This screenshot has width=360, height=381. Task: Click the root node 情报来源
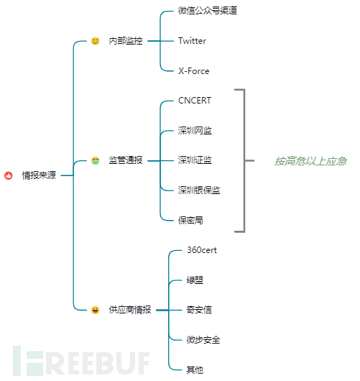(x=39, y=175)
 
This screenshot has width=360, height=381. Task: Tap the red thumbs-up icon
(x=8, y=175)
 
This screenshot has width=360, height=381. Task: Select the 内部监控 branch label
(x=126, y=41)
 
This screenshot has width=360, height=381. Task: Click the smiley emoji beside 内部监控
(x=96, y=41)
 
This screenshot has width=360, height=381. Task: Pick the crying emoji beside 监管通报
(x=96, y=160)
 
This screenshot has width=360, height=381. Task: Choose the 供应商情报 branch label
(x=130, y=310)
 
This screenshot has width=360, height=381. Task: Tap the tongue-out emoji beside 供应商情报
(x=96, y=310)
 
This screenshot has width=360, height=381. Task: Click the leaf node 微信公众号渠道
(x=208, y=11)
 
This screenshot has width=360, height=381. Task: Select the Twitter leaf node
(x=192, y=41)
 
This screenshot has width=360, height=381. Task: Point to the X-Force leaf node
(x=194, y=71)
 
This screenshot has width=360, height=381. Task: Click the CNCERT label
(x=195, y=101)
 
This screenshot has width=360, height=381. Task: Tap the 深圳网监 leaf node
(x=195, y=131)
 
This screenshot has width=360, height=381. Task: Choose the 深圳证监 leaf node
(x=195, y=160)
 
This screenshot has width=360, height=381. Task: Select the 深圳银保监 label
(x=199, y=190)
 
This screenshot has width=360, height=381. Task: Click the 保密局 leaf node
(x=190, y=220)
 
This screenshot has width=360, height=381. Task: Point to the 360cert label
(x=202, y=250)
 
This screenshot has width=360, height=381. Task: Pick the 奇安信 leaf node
(x=199, y=310)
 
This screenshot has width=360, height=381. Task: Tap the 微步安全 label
(x=203, y=340)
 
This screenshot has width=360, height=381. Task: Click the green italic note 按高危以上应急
(x=310, y=161)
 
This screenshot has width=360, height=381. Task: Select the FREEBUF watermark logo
(x=81, y=361)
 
